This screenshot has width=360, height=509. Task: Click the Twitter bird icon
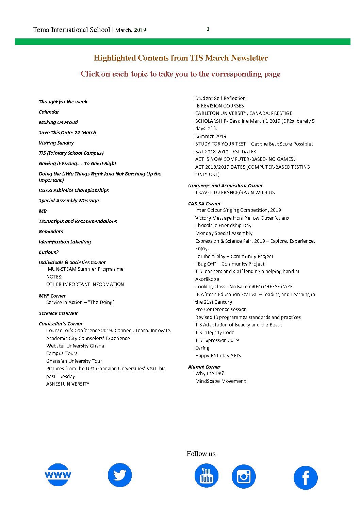click(120, 475)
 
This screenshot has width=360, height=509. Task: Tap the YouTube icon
click(206, 476)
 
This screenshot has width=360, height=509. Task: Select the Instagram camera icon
click(244, 476)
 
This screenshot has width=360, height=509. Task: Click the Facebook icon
click(305, 478)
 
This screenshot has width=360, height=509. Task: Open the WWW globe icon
click(58, 475)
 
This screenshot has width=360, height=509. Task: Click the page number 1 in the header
click(208, 29)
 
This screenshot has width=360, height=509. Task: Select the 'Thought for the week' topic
click(63, 102)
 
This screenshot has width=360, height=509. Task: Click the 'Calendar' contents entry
click(49, 112)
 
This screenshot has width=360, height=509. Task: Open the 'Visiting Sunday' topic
click(56, 143)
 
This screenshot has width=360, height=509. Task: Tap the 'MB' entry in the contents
click(43, 211)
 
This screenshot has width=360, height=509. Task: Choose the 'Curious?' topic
click(49, 252)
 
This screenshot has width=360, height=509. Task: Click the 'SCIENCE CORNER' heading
click(58, 313)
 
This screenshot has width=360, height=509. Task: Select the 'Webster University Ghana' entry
click(75, 346)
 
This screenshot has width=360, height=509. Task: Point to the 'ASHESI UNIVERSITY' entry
click(68, 384)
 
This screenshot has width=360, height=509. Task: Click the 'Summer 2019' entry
click(211, 136)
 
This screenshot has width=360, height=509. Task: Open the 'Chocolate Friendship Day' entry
click(223, 225)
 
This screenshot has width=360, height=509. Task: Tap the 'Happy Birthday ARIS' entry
click(218, 356)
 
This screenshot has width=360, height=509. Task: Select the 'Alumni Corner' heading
click(204, 367)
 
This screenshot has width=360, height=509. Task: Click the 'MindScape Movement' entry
click(220, 381)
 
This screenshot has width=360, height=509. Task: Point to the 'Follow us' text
click(201, 454)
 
